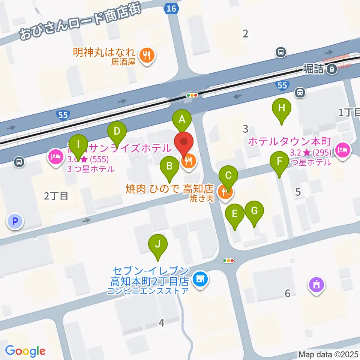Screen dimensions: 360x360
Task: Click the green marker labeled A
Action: pos(182,120)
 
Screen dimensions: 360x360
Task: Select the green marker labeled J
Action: pos(158,244)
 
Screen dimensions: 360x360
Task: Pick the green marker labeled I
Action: pos(78,144)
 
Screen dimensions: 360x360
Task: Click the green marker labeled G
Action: pos(254,211)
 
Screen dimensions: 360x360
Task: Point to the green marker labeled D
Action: pos(117,132)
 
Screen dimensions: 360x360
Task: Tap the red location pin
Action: pos(184,142)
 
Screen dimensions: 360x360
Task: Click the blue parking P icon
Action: pos(15,221)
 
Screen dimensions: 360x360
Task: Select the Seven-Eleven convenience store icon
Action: pos(200,279)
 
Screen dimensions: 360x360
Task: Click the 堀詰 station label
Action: pos(313,69)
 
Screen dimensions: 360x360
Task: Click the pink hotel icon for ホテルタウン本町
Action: pos(342,150)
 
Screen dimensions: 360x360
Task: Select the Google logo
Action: pos(25,351)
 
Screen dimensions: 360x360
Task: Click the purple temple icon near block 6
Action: pos(316,285)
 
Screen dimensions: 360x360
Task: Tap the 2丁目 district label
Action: pos(56,196)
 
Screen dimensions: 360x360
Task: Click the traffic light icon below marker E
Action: pos(228,260)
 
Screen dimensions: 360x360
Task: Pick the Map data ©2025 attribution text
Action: pos(328,354)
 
